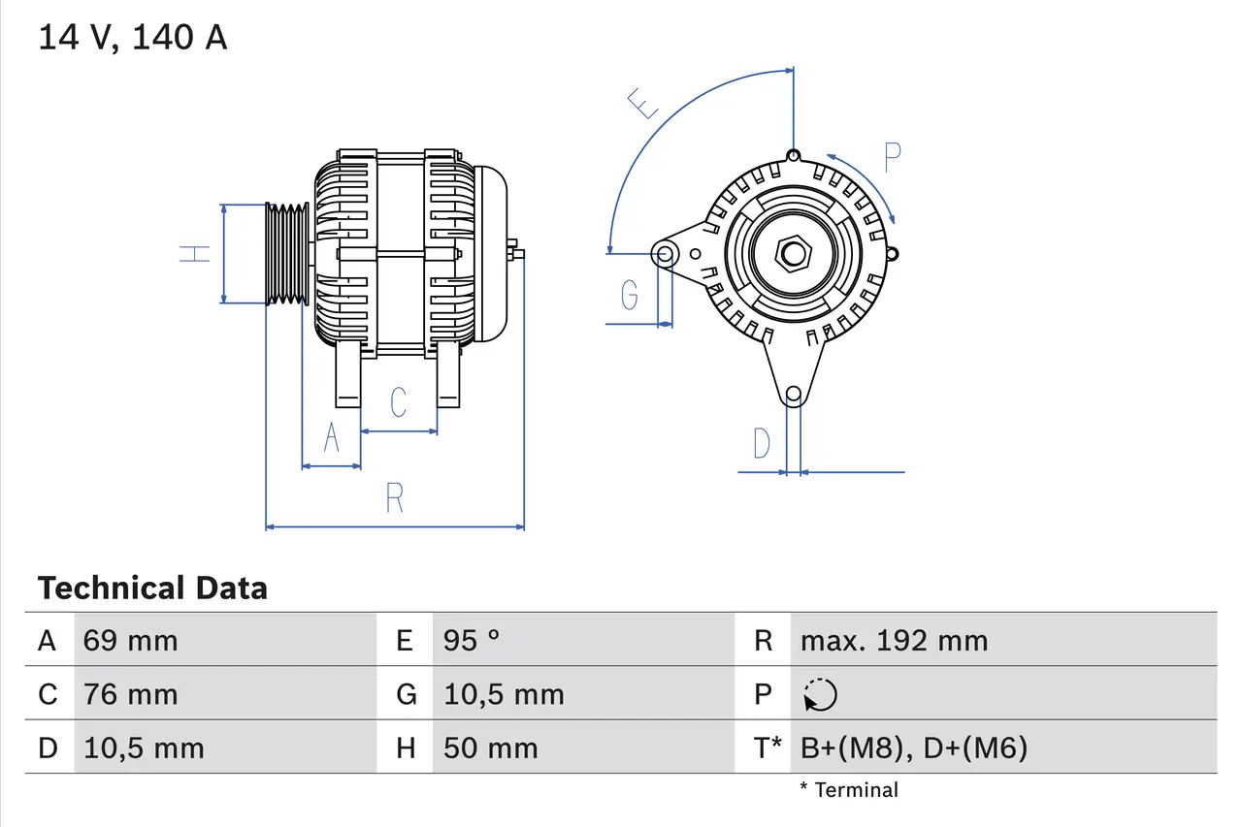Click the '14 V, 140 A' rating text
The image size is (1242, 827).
(133, 38)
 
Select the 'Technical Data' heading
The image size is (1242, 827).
(152, 588)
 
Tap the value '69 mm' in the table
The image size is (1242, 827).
(130, 641)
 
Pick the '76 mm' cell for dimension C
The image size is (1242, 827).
(130, 694)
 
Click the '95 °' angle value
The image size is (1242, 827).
(472, 641)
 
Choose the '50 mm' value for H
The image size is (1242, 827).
(490, 748)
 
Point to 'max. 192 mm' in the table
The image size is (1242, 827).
(894, 641)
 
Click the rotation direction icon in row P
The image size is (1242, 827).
(820, 695)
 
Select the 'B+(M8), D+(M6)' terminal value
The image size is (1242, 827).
(913, 748)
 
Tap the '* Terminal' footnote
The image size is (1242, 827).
(849, 790)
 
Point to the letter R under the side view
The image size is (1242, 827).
(394, 497)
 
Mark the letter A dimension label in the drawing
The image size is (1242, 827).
(331, 438)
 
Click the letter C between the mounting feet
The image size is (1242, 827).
(398, 401)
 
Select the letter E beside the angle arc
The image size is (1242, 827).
(644, 103)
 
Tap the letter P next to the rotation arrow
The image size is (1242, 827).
(893, 156)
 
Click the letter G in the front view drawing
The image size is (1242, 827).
(630, 294)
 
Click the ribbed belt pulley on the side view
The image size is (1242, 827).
(287, 254)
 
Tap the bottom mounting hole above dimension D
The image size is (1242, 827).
(794, 394)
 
